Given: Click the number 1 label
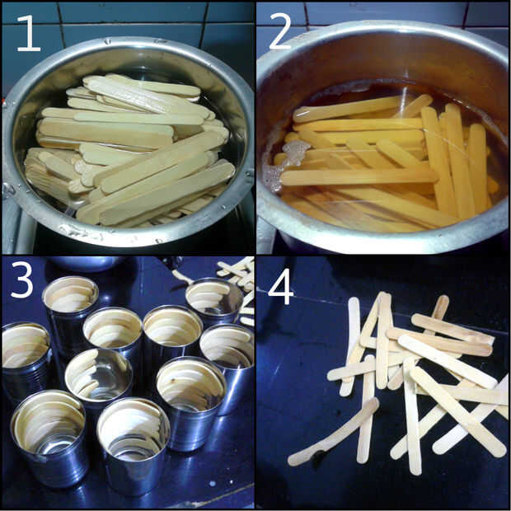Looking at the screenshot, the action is (29, 33).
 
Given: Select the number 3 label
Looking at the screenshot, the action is (21, 280).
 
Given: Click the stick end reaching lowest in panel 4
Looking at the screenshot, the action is (415, 469).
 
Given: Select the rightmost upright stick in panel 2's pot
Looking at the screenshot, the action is (478, 166).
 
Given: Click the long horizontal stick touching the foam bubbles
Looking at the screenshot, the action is (359, 177).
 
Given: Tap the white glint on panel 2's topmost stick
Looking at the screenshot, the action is (305, 113).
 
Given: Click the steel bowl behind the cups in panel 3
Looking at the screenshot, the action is (86, 263).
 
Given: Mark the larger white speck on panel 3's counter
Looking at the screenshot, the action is (213, 483).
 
